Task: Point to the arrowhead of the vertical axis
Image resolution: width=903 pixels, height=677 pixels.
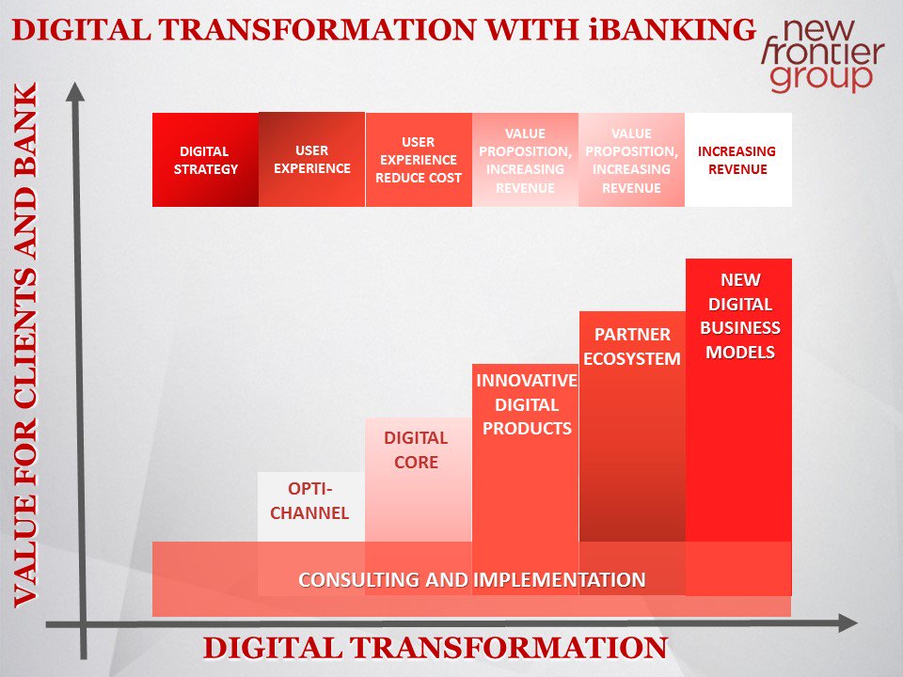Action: (76, 91)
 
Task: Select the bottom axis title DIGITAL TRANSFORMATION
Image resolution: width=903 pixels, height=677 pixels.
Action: (436, 648)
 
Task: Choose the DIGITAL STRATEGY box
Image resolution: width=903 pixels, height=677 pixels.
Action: (205, 160)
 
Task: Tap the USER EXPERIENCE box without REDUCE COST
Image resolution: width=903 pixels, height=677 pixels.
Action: (311, 160)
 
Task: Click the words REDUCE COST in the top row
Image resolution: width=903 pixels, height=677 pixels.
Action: (419, 178)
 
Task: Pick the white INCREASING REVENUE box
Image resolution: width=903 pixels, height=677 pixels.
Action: (737, 160)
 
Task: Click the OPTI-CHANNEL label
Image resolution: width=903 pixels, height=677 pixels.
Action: (309, 501)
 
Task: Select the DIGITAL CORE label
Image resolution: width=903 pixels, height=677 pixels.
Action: (416, 450)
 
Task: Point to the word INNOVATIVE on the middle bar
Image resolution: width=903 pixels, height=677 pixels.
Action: (526, 381)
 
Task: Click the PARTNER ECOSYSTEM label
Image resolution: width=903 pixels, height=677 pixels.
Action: (632, 346)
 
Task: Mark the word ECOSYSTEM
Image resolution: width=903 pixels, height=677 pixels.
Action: (632, 358)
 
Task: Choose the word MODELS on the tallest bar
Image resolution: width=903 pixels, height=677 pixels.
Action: (738, 353)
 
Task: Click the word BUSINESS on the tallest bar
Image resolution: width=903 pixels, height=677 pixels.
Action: (738, 328)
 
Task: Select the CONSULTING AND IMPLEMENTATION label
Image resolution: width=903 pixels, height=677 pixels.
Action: (471, 579)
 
